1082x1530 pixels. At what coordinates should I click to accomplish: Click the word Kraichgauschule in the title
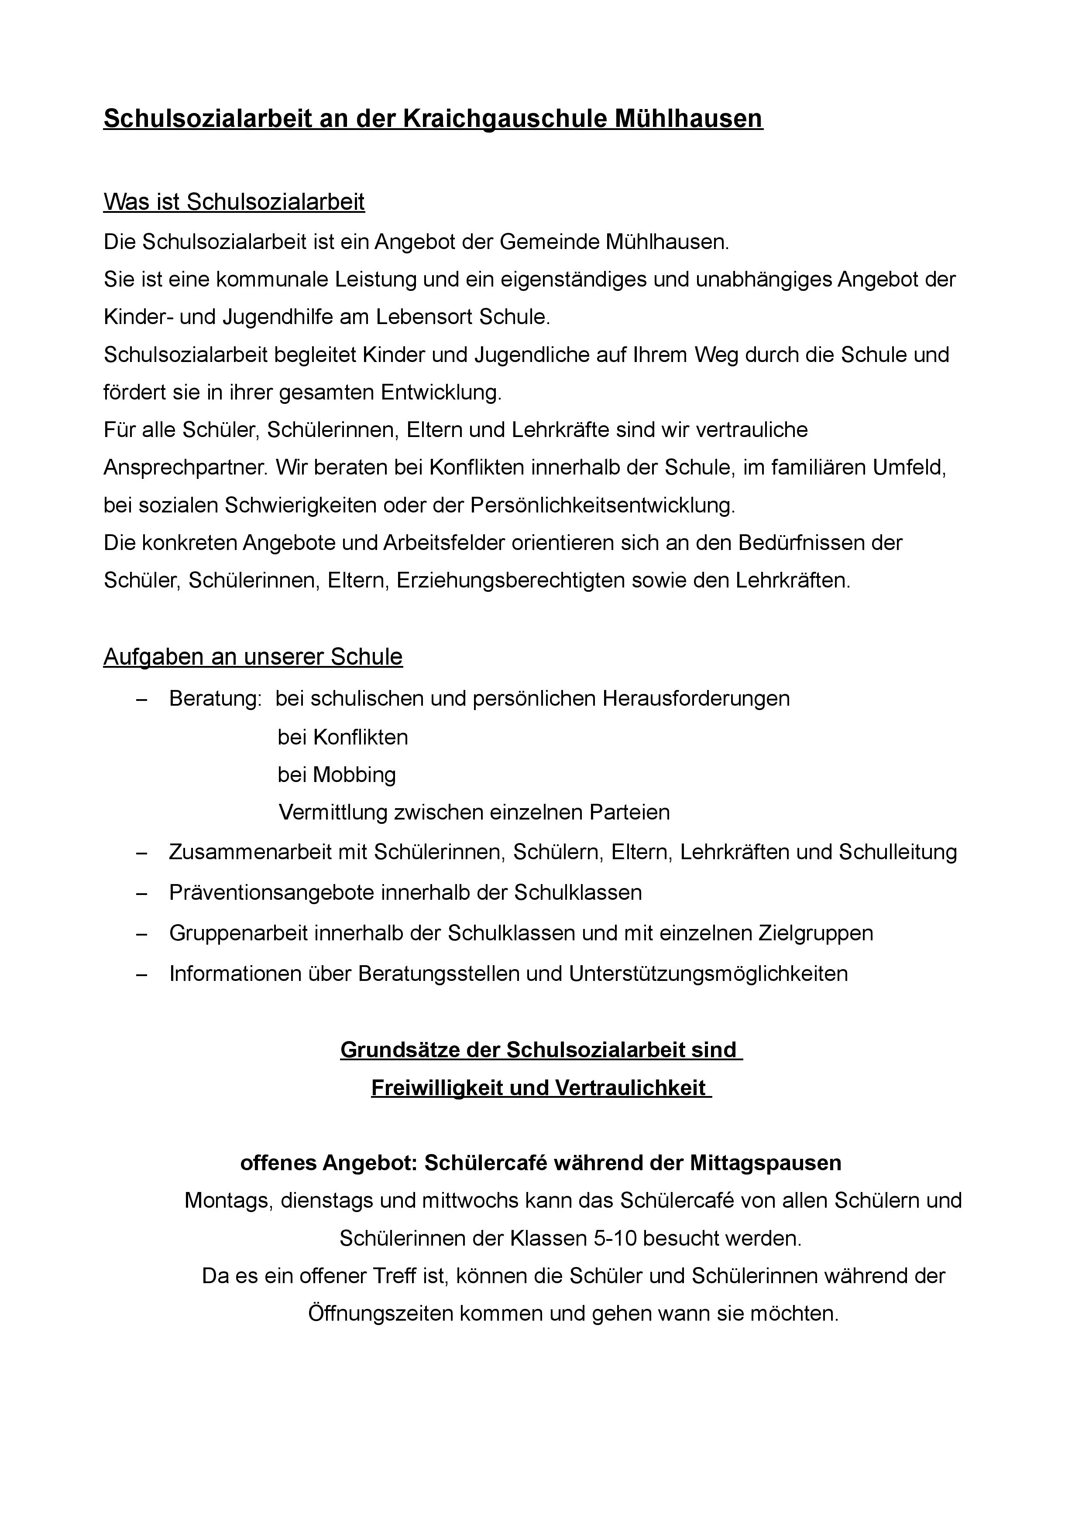coord(506,119)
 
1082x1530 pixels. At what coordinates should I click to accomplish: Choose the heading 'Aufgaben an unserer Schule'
coord(253,657)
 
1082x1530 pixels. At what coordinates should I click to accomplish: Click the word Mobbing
coord(354,774)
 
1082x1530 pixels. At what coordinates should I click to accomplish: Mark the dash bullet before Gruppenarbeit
coord(141,934)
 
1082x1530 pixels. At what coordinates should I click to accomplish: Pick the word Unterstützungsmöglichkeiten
coord(708,973)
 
